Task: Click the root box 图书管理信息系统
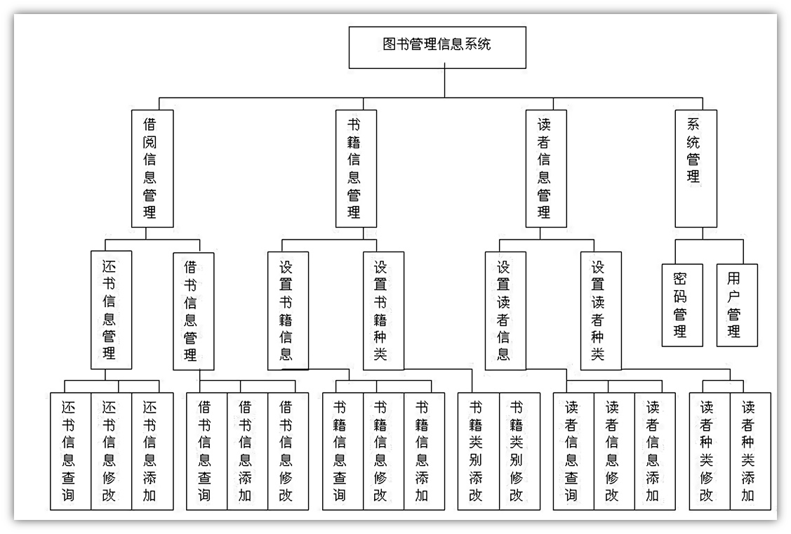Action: click(437, 47)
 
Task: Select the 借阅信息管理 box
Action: click(152, 169)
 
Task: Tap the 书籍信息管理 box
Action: click(356, 169)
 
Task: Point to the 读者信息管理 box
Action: click(546, 169)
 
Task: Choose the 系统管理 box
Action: click(696, 169)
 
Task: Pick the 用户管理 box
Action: click(737, 305)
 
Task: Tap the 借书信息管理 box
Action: click(194, 311)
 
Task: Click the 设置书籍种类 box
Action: click(383, 311)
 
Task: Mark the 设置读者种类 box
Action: click(601, 311)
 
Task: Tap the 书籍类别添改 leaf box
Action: click(478, 451)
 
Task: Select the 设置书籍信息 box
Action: click(288, 311)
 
